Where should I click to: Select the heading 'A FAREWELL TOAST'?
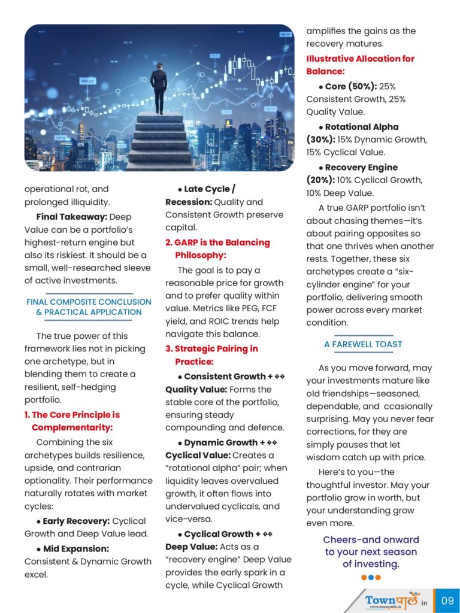pos(363,344)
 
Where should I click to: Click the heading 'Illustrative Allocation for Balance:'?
pos(360,65)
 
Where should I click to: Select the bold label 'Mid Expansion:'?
pos(75,548)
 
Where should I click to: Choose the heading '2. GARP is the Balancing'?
pos(217,242)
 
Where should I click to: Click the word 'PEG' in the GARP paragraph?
pos(247,309)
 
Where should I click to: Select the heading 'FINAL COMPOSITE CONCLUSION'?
pos(89,302)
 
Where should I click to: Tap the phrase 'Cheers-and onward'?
pos(371,539)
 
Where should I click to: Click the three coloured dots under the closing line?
pos(371,578)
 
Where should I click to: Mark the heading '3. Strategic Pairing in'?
pos(211,348)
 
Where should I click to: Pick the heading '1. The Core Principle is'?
pos(72,414)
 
